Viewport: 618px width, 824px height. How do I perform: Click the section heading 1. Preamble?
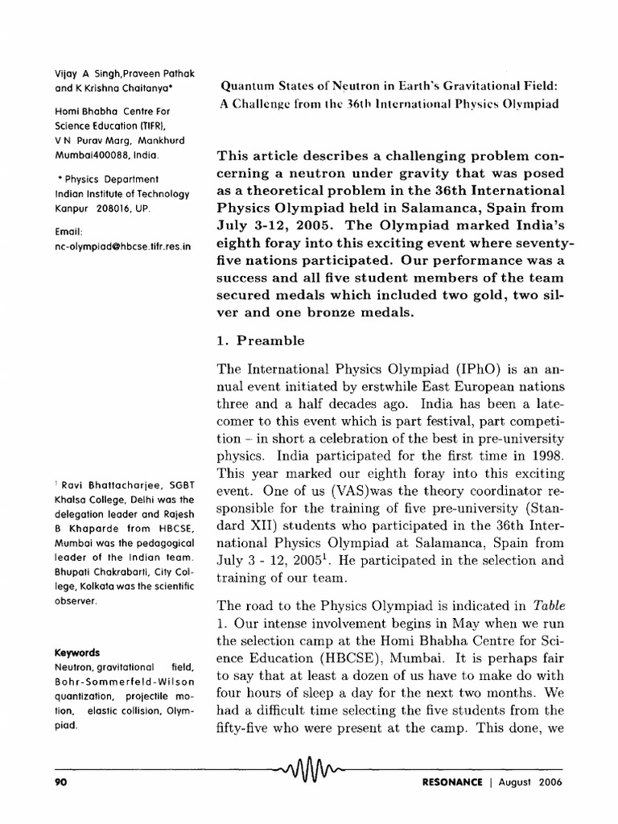(x=257, y=340)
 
